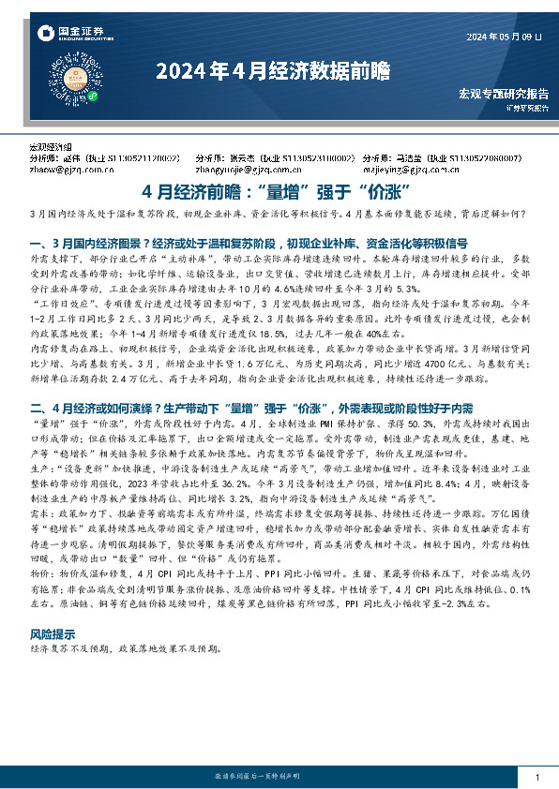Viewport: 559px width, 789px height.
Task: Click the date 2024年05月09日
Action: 503,37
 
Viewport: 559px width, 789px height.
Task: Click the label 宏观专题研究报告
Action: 504,95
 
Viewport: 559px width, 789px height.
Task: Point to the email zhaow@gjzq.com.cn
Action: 65,171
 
